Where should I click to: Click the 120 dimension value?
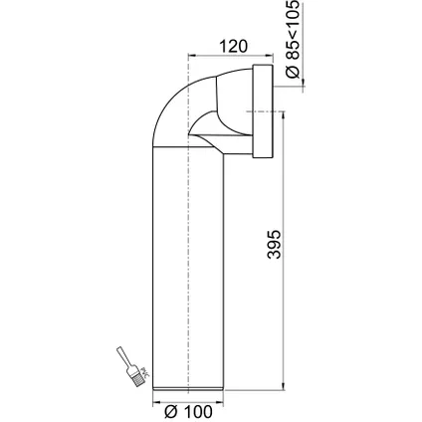233,46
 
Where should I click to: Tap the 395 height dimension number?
275,244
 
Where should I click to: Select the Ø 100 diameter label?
188,412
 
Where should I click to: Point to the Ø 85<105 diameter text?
293,39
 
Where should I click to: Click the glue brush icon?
132,366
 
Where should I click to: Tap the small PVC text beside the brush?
145,372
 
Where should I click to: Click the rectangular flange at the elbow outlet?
263,111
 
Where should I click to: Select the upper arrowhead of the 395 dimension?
283,115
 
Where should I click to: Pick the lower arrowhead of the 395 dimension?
283,386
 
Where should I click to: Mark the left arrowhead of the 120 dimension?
192,56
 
